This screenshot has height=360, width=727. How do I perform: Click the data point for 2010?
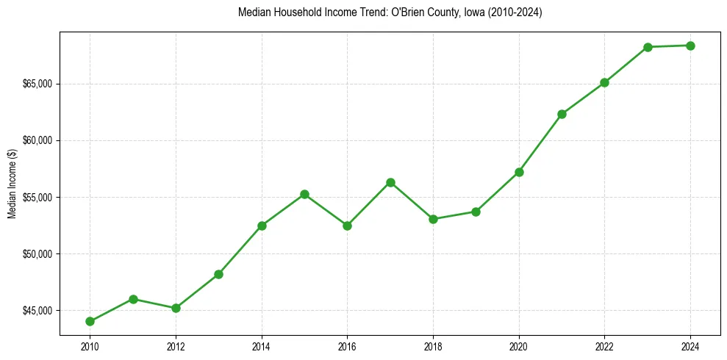tap(90, 321)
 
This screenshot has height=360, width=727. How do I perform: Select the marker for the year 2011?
tap(133, 299)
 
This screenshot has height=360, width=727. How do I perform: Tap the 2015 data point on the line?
tap(304, 194)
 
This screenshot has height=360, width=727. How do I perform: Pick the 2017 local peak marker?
tap(390, 182)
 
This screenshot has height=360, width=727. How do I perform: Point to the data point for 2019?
tap(476, 212)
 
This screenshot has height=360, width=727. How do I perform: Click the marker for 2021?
tap(562, 114)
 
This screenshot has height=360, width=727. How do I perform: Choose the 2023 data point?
tap(648, 47)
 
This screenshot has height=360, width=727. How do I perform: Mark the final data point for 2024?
tap(690, 46)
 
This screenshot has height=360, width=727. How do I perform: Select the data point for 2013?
tap(218, 274)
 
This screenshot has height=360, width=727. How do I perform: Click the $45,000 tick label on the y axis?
tap(38, 311)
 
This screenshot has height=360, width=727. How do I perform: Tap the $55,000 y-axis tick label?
tap(38, 198)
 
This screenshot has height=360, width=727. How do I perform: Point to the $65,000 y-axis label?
tap(38, 84)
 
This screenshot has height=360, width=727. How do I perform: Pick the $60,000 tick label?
tap(38, 140)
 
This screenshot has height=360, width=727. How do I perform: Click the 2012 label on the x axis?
tap(176, 346)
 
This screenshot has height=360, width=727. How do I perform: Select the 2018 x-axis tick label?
tap(433, 346)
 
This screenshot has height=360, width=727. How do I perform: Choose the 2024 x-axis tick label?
tap(690, 346)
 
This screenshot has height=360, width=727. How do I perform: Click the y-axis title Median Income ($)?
tap(12, 183)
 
